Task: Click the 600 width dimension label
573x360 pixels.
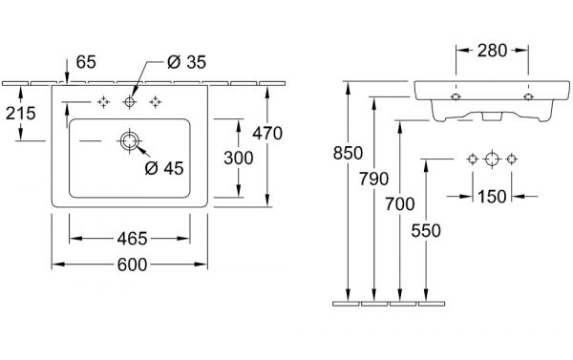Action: point(132,265)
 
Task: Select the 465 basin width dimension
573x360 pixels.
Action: point(132,239)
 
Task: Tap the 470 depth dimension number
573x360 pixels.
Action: point(267,133)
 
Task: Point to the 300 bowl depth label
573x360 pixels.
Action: point(238,158)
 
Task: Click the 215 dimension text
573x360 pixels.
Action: point(20,114)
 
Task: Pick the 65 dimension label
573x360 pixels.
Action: point(86,62)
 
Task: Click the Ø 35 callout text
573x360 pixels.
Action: point(187,62)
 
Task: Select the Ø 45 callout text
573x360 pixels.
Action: point(164,168)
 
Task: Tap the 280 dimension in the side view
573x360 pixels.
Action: point(492,51)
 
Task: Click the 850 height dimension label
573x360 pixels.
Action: point(348,153)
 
